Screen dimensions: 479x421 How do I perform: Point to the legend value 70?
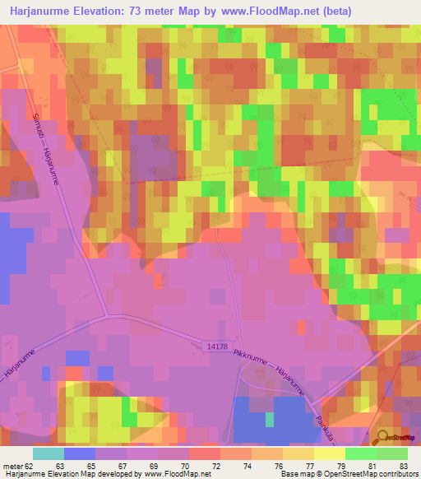195,465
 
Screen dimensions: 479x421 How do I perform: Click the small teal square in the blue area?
270,420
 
